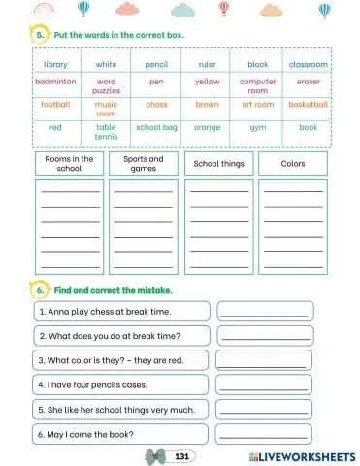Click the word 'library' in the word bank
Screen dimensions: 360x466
55,64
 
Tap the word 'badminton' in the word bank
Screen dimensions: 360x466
55,83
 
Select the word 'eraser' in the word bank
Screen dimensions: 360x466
308,83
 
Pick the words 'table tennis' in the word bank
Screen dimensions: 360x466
106,132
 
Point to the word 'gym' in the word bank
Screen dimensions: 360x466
257,127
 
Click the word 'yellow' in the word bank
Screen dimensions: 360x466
207,83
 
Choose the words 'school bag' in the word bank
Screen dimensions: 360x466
156,127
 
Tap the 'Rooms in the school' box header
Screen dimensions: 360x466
70,163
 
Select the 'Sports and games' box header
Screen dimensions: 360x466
144,163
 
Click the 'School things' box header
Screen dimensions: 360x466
218,164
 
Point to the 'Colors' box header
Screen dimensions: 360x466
292,164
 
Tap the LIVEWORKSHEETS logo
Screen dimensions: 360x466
301,455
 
